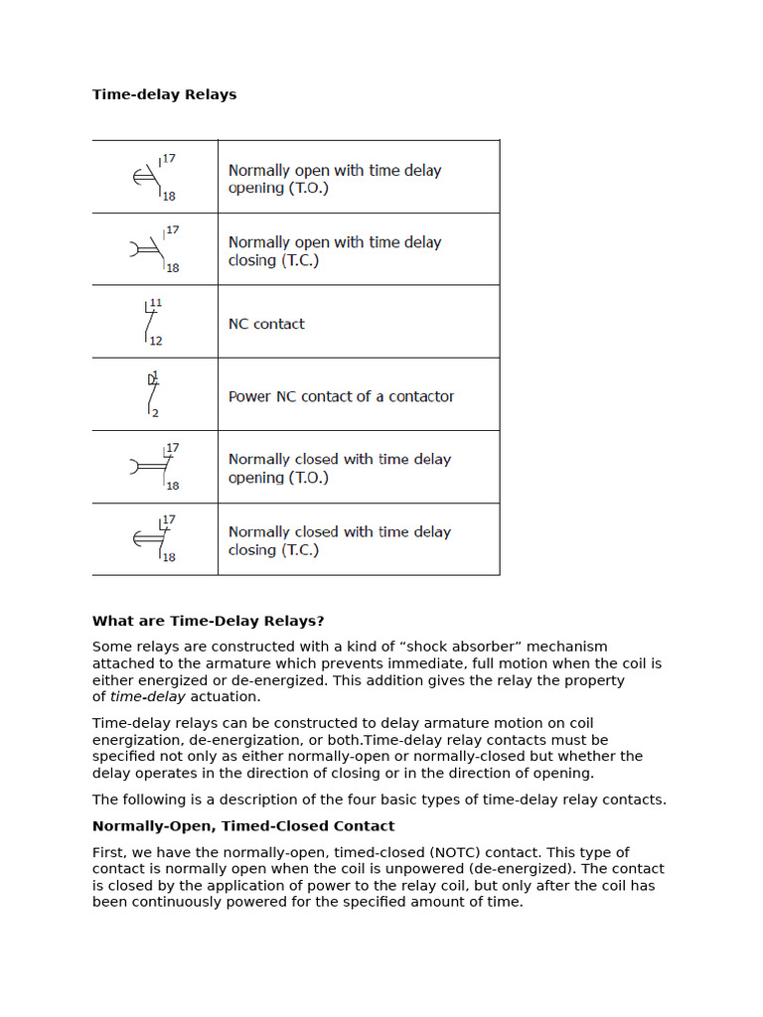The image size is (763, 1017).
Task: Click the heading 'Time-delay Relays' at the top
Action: (x=164, y=94)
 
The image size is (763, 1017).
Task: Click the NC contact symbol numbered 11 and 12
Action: (x=151, y=322)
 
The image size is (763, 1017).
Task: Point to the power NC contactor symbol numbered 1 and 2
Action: (x=152, y=394)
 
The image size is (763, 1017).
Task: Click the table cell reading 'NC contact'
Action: (x=266, y=324)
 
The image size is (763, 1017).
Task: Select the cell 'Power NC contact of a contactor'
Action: (x=341, y=396)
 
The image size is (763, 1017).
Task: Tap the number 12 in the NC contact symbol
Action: (x=156, y=341)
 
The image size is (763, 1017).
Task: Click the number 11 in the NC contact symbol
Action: (x=156, y=303)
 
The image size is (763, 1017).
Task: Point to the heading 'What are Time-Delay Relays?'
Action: (x=208, y=621)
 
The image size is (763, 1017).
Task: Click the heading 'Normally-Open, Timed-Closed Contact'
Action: (x=243, y=826)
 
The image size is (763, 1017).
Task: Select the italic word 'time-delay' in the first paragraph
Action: (x=147, y=697)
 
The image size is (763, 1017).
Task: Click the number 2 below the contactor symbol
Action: (x=155, y=413)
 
